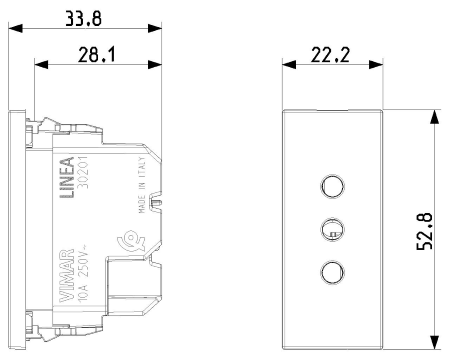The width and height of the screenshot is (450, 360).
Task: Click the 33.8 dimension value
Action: coord(83,18)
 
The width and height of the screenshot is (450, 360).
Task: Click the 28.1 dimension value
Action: coord(97,55)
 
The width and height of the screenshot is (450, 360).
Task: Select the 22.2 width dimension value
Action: coord(330,55)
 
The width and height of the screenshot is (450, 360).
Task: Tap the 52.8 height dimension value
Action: coord(425,231)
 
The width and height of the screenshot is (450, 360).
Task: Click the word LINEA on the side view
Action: coord(67,178)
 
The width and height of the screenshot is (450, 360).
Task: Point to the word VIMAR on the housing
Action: coord(66,276)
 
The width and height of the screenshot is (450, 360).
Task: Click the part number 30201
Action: coord(83,172)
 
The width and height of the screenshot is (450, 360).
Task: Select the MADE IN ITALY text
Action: coord(142,185)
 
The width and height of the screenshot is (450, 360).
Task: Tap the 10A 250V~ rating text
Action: coord(83,273)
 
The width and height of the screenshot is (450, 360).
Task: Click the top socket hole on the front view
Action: coord(332,186)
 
